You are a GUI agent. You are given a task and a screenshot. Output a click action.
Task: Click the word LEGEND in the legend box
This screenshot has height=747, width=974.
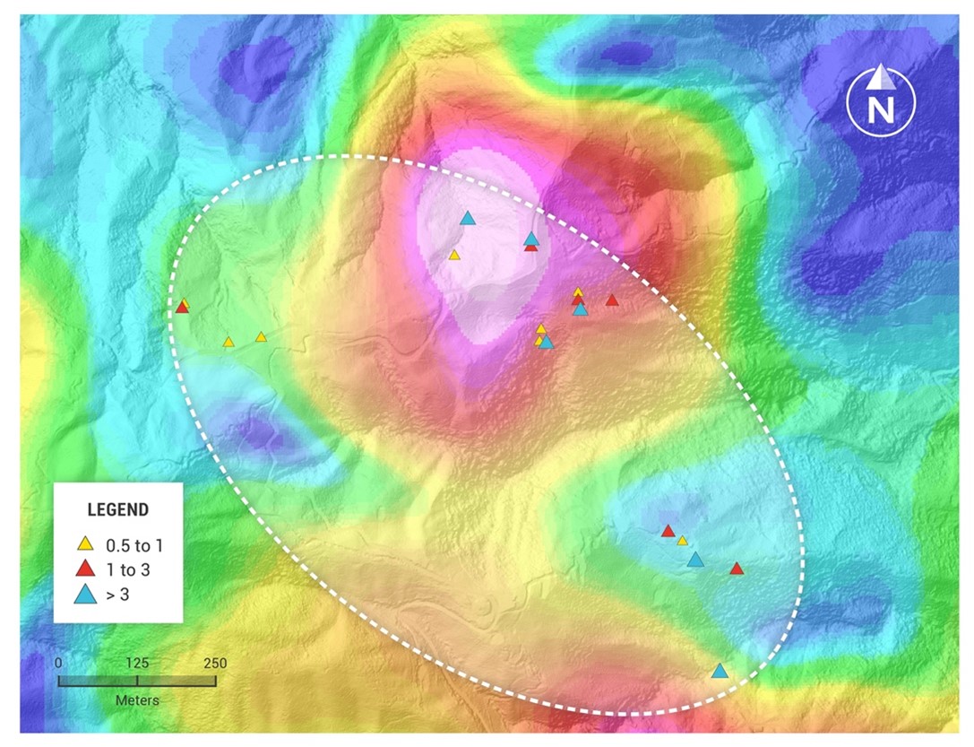117,509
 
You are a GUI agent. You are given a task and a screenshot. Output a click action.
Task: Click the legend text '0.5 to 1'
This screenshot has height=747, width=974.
134,544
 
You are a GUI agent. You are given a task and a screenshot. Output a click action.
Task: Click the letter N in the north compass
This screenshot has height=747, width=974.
881,109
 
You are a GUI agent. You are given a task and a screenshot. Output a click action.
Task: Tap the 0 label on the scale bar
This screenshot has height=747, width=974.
58,664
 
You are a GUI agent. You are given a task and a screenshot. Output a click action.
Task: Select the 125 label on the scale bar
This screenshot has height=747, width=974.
137,664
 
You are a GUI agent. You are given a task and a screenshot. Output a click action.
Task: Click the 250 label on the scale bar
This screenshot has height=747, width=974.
215,664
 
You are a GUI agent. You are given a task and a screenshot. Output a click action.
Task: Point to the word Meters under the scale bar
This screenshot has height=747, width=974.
137,699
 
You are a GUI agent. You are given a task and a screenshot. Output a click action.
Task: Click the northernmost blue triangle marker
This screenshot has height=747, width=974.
467,218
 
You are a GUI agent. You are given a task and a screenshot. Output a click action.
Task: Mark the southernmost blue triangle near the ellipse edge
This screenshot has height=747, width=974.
719,671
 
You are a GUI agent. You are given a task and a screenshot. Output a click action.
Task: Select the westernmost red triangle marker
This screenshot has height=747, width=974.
182,308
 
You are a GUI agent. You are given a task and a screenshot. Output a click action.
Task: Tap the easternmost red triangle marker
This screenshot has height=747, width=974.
737,569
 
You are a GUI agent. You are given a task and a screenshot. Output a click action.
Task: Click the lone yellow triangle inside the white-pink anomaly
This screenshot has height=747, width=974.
454,255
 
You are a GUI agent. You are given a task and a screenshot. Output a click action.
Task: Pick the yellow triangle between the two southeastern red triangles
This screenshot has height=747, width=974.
682,541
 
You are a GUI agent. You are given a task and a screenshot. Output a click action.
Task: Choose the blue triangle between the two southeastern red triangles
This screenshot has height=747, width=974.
695,560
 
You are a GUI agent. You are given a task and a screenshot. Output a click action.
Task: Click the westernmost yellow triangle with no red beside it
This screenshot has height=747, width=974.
228,342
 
